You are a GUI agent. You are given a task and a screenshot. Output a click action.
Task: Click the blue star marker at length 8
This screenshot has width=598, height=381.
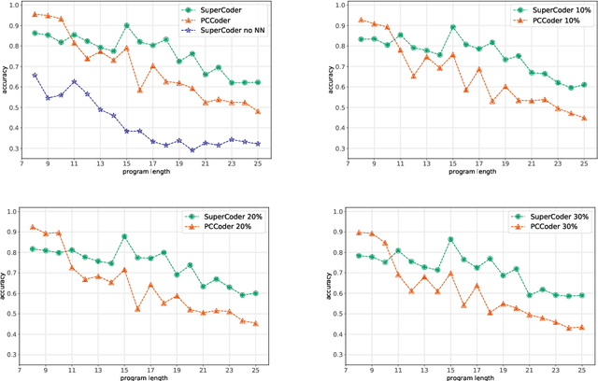(x=35, y=75)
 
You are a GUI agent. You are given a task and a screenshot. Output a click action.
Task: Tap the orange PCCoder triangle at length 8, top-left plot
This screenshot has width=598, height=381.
(x=35, y=14)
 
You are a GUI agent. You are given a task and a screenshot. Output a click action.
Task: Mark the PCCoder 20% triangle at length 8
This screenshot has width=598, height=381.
(x=34, y=226)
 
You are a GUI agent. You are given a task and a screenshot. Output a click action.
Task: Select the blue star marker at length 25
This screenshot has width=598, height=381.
(x=259, y=144)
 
